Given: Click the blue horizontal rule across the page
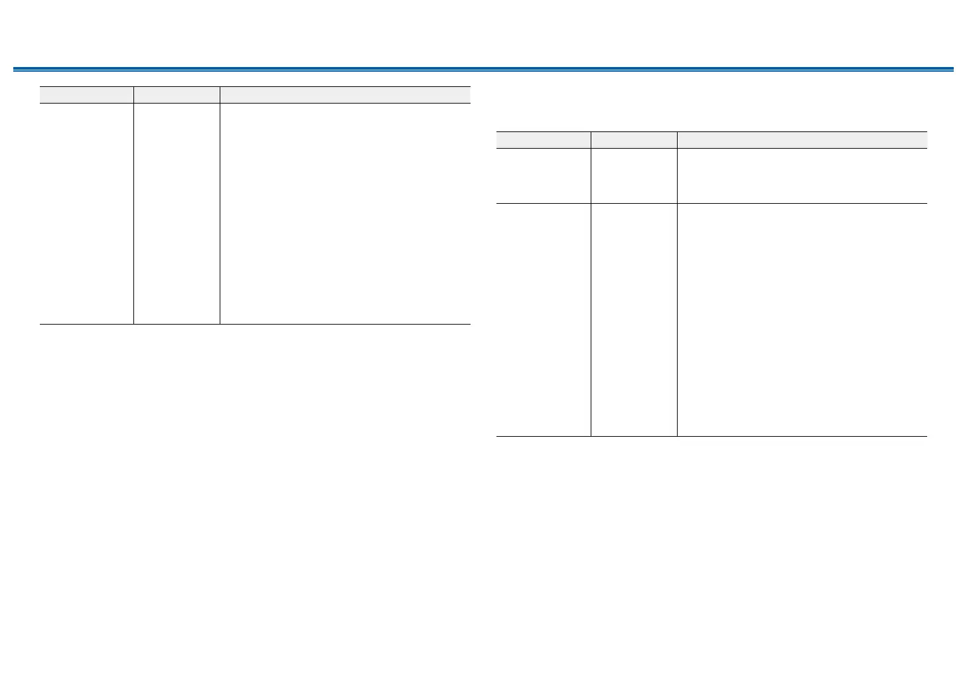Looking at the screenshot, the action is pyautogui.click(x=483, y=69).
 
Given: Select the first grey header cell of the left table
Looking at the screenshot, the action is pyautogui.click(x=86, y=95).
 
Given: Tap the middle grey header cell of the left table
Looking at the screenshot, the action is pyautogui.click(x=177, y=95).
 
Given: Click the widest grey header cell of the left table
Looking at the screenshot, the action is pyautogui.click(x=345, y=95).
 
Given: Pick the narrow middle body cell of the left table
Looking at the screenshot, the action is pyautogui.click(x=177, y=213).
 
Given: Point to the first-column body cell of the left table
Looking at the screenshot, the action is pyautogui.click(x=86, y=213).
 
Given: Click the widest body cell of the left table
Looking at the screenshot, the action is pyautogui.click(x=345, y=213).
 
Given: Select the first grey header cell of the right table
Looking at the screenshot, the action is pyautogui.click(x=544, y=140).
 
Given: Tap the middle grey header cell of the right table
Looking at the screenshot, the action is pyautogui.click(x=634, y=140).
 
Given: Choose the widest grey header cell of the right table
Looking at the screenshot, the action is pyautogui.click(x=802, y=140).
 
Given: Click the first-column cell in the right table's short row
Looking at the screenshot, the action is pyautogui.click(x=544, y=176).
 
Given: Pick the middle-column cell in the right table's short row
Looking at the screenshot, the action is pyautogui.click(x=634, y=176).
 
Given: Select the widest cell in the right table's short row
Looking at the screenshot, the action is pyautogui.click(x=802, y=176).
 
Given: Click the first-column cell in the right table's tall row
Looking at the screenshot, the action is pyautogui.click(x=544, y=319).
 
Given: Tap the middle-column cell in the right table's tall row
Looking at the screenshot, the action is pyautogui.click(x=634, y=319).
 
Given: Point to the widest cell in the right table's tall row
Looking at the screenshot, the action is pyautogui.click(x=802, y=319).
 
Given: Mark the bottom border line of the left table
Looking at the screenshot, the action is pyautogui.click(x=256, y=324).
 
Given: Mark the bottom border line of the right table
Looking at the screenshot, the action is pyautogui.click(x=711, y=436).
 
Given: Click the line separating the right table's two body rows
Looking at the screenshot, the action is pyautogui.click(x=711, y=203).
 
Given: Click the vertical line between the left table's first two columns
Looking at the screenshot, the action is pyautogui.click(x=133, y=213).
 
